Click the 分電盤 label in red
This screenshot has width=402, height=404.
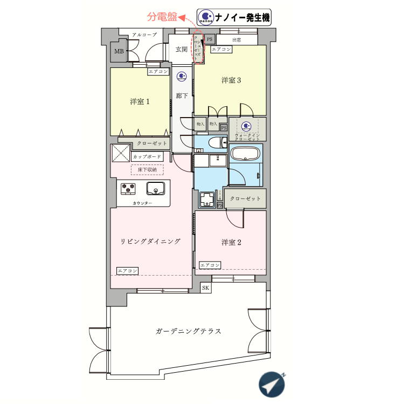point(163,17)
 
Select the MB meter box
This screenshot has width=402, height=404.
point(119,52)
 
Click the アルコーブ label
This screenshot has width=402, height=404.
point(144,35)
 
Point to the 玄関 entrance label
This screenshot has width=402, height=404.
point(181,49)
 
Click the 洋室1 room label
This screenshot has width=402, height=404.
point(140,101)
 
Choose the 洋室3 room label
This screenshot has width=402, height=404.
point(231,80)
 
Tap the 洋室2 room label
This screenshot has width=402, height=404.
point(231,242)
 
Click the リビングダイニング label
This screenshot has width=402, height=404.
point(150,241)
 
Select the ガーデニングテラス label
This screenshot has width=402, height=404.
point(188,331)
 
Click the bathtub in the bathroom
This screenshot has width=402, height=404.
point(246,154)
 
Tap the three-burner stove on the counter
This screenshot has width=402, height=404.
point(129,188)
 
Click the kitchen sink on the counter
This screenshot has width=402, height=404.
point(156,188)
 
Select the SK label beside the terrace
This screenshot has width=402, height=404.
point(205,288)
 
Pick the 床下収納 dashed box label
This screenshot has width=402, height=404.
point(147,170)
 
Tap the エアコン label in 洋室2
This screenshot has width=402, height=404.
point(210,265)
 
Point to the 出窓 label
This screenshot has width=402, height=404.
point(237,40)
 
